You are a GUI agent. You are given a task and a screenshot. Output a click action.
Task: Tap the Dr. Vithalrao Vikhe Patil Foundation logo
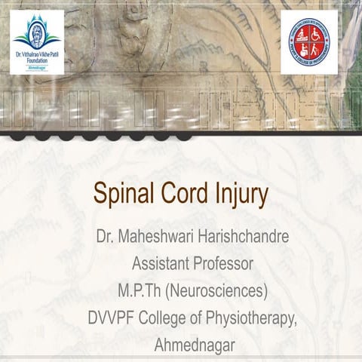tap(37, 42)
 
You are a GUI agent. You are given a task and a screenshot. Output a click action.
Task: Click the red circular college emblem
tap(309, 43)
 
